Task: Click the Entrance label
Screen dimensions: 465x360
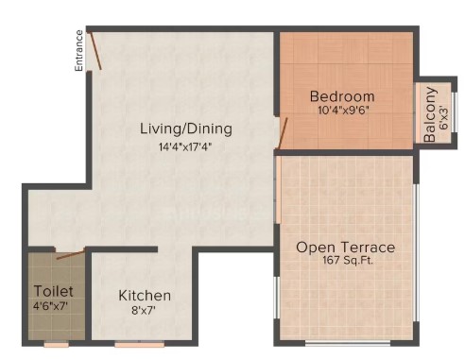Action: (79, 51)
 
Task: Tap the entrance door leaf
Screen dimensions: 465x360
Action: (95, 50)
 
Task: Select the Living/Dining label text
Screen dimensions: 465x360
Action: (186, 129)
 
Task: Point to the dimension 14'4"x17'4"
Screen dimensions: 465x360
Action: (185, 146)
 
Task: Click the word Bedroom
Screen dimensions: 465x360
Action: (342, 96)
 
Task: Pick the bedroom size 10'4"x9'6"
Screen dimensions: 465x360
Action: (343, 111)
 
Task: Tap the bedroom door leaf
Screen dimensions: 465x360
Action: (283, 133)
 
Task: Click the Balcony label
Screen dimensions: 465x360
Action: (430, 114)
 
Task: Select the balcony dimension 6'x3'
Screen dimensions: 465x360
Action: (444, 116)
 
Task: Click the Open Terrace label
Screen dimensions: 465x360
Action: (345, 248)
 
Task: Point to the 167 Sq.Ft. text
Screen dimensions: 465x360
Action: (348, 261)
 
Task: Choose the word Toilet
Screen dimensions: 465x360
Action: (54, 291)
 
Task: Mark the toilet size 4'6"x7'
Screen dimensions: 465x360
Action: (51, 305)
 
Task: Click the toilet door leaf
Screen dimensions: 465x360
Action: (71, 254)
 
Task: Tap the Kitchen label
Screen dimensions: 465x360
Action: (145, 296)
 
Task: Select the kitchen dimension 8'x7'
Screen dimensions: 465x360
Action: (144, 311)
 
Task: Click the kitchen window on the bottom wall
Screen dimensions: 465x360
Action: (140, 344)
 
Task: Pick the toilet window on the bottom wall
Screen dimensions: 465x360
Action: (56, 344)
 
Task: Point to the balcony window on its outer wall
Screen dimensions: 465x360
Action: (455, 111)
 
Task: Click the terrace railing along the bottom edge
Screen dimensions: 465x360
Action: (348, 343)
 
